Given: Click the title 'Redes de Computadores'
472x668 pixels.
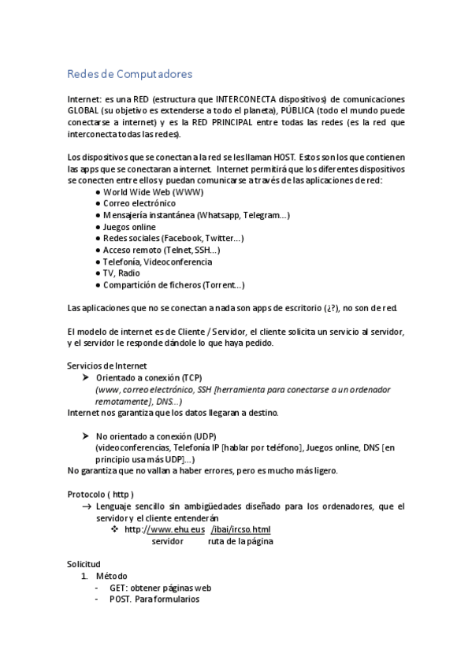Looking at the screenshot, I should point(129,75).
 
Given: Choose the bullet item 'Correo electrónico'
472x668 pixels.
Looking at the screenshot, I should point(139,203).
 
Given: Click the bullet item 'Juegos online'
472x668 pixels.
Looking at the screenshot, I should point(129,227).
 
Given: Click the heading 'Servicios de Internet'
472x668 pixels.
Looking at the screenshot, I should point(107,366).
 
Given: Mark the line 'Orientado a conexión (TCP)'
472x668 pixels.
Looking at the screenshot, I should point(148,378).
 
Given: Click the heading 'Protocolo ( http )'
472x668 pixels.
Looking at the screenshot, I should point(106,494).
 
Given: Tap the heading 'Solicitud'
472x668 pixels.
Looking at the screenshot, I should point(84,564).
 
